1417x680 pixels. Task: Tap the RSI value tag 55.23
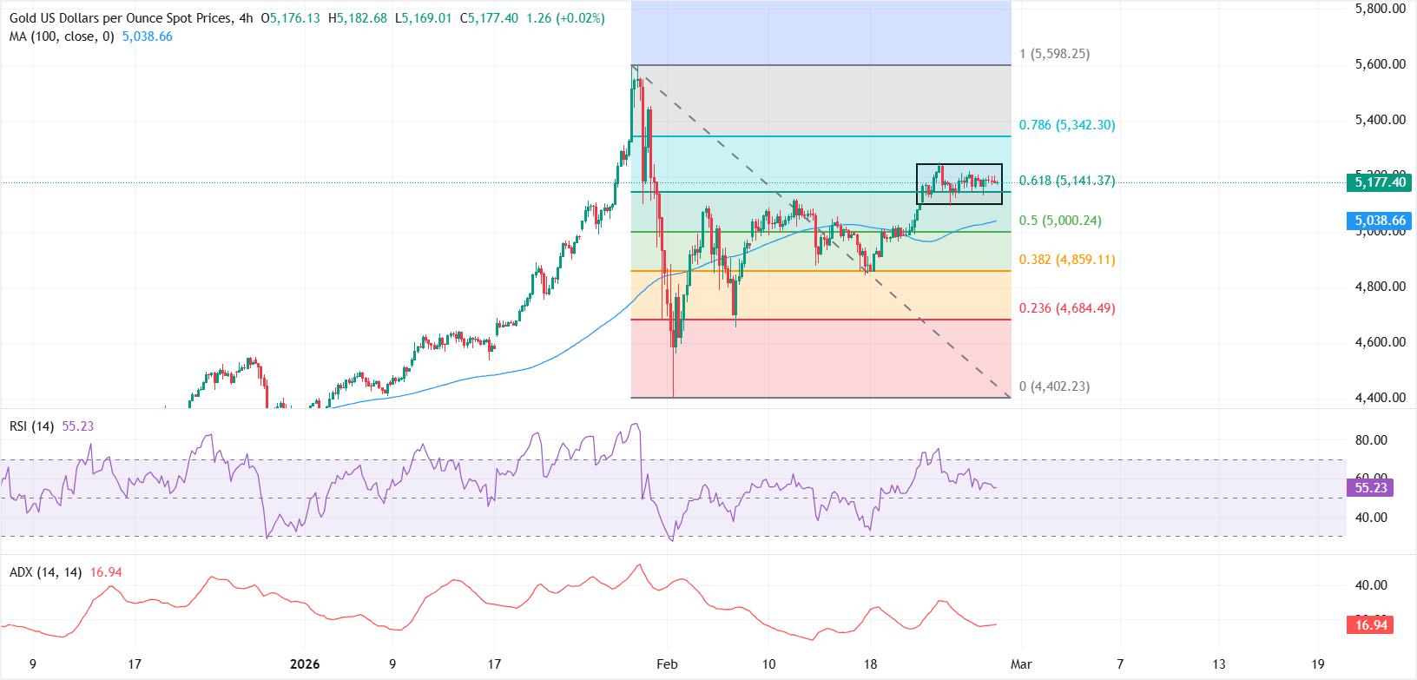pyautogui.click(x=1371, y=487)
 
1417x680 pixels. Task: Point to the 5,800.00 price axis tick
pyautogui.click(x=1380, y=9)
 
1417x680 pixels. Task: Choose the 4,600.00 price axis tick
pyautogui.click(x=1380, y=342)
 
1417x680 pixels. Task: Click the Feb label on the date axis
pyautogui.click(x=666, y=664)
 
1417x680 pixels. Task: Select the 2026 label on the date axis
pyautogui.click(x=302, y=664)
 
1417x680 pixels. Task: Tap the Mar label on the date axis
pyautogui.click(x=1018, y=664)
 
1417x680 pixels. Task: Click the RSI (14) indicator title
pyautogui.click(x=33, y=426)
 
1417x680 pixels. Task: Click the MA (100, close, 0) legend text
pyautogui.click(x=57, y=37)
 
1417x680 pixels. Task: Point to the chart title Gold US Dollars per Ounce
pyautogui.click(x=116, y=18)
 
